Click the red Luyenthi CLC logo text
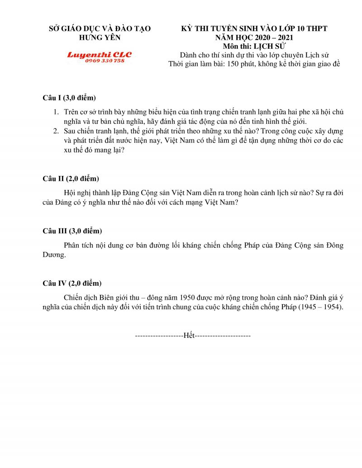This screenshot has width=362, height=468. tap(99, 55)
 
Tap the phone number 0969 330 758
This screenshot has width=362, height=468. tap(105, 61)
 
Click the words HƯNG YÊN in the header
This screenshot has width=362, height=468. tap(100, 38)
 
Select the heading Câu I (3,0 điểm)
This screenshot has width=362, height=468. tap(69, 98)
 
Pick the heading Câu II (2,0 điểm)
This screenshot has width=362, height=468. tap(71, 179)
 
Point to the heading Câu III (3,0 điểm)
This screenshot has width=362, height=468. tap(72, 231)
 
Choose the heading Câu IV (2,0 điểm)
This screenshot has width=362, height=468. tap(72, 284)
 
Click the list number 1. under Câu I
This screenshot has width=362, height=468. tap(56, 112)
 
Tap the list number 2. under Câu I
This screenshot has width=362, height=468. tap(56, 131)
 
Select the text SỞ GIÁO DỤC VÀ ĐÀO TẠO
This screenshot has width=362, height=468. tap(100, 28)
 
